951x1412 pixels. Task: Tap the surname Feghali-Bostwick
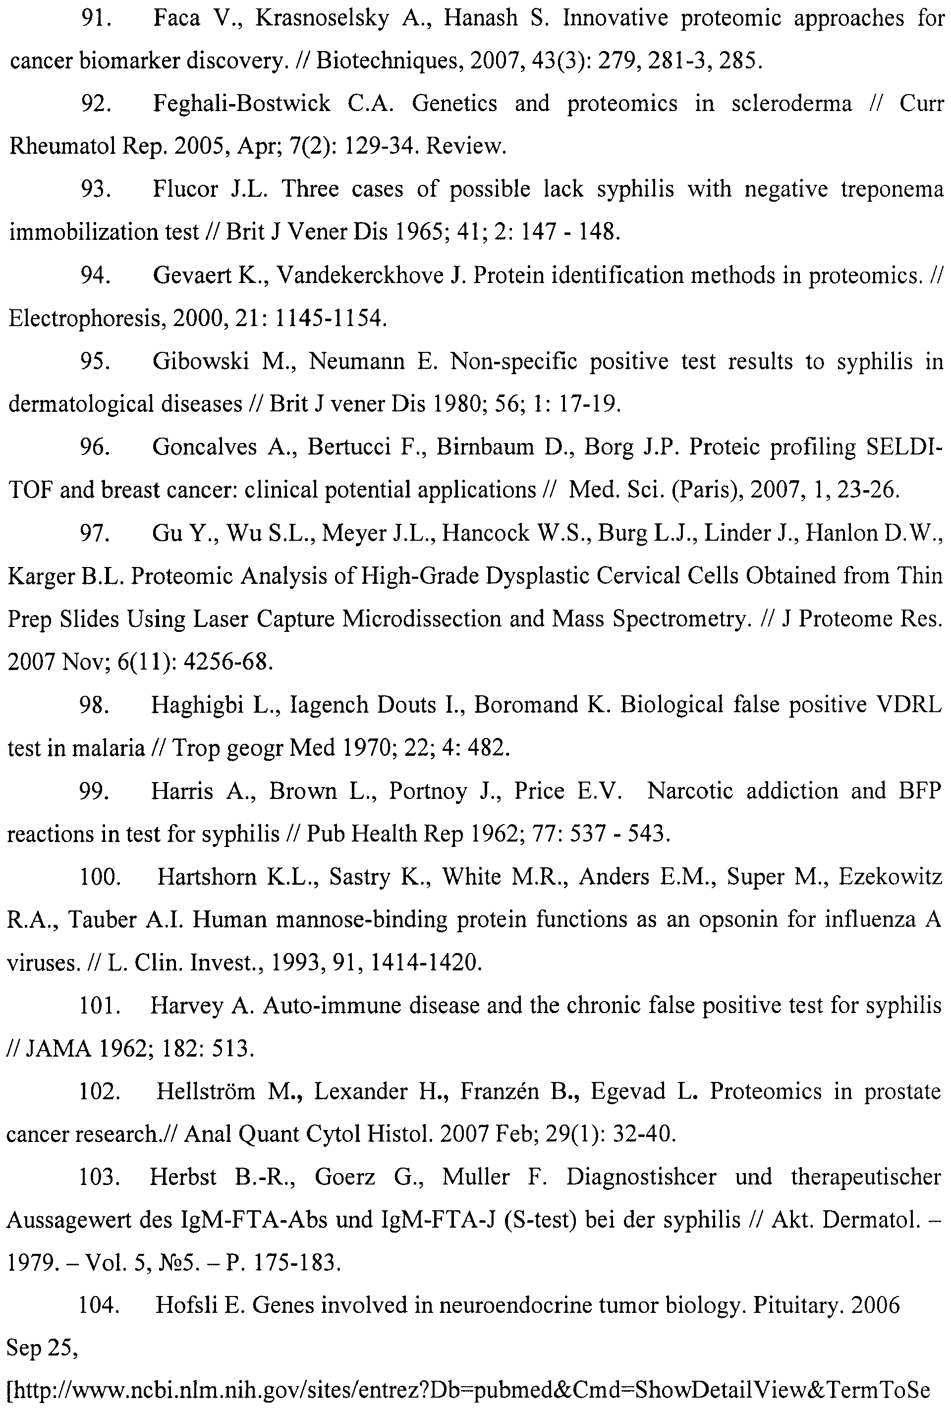pyautogui.click(x=241, y=104)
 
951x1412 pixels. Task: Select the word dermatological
pyautogui.click(x=81, y=404)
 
